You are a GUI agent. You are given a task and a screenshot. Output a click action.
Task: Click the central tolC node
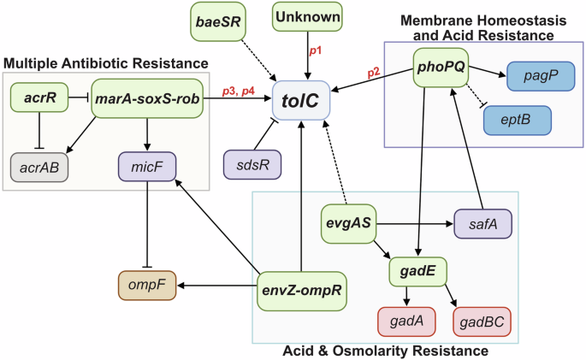click(301, 102)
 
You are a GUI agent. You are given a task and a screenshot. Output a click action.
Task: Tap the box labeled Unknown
click(306, 17)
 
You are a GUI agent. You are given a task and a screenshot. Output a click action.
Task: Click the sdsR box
click(251, 164)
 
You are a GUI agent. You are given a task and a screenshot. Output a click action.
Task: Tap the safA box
click(483, 225)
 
